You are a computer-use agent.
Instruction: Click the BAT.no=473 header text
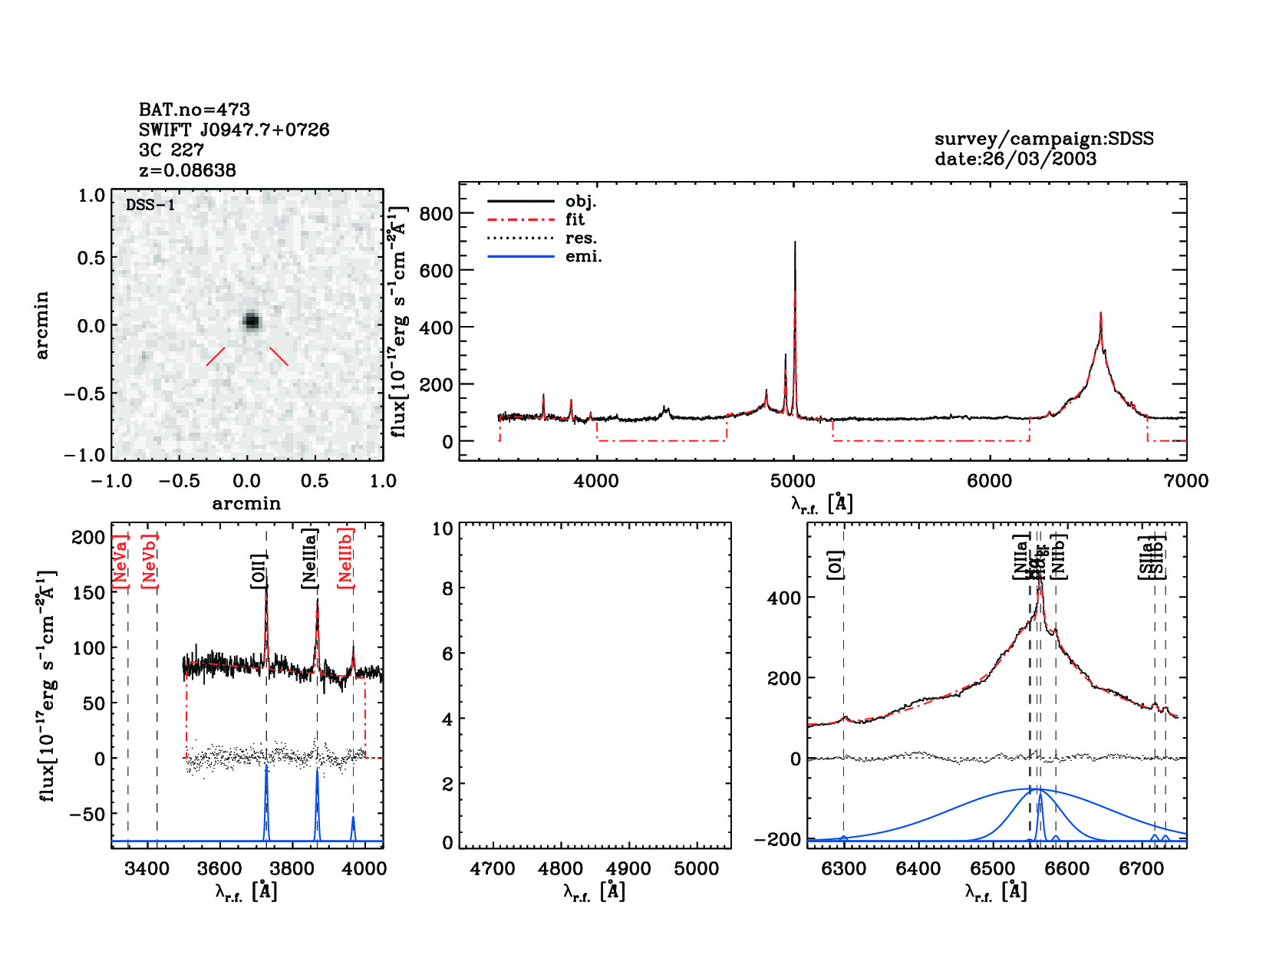[x=194, y=110]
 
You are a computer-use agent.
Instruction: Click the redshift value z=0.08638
[x=187, y=170]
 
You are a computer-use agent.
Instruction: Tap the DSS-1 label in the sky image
[x=150, y=205]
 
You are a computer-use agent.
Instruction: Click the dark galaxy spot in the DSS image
[x=252, y=321]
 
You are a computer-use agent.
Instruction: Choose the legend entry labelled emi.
[x=583, y=256]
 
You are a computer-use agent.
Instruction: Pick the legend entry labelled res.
[x=581, y=238]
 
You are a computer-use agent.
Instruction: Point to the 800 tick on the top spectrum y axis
[x=436, y=213]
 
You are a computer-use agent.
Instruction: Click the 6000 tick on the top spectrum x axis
[x=989, y=481]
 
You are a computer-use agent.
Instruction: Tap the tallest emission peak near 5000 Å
[x=795, y=243]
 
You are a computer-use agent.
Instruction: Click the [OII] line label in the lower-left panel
[x=259, y=571]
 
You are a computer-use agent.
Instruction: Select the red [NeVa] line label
[x=120, y=561]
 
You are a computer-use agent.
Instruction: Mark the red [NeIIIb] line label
[x=346, y=558]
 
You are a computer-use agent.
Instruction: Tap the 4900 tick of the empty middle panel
[x=628, y=868]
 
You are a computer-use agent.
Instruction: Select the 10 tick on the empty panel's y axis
[x=443, y=529]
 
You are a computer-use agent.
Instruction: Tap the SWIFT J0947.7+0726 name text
[x=234, y=130]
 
